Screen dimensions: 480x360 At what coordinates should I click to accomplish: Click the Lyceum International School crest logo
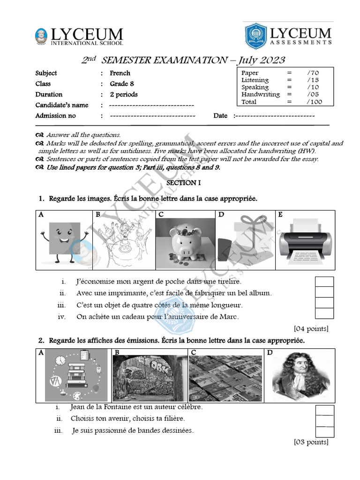(x=41, y=37)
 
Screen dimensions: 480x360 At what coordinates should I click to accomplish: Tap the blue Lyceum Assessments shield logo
(x=256, y=36)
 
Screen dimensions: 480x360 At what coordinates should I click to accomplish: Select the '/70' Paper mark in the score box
(x=313, y=73)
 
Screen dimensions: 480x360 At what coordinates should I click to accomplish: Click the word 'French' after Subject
(x=120, y=73)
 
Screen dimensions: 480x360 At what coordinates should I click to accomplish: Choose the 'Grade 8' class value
(x=124, y=84)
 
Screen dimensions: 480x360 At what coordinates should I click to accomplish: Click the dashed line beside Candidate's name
(x=151, y=105)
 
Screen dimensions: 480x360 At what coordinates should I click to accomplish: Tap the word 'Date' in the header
(x=220, y=116)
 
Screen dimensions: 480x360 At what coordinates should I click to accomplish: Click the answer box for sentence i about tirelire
(x=324, y=282)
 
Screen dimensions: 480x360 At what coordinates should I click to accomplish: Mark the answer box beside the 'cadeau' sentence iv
(x=324, y=314)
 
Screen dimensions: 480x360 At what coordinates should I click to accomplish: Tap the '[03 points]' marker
(x=311, y=442)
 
